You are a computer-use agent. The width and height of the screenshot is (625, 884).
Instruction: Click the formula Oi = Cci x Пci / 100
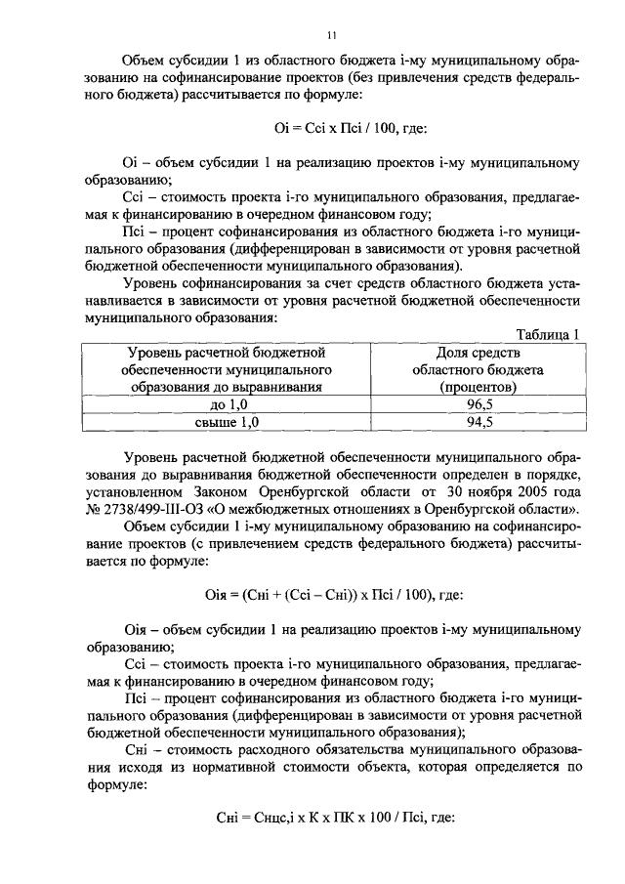point(332,126)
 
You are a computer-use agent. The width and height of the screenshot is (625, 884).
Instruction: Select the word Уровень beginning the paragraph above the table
point(153,282)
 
